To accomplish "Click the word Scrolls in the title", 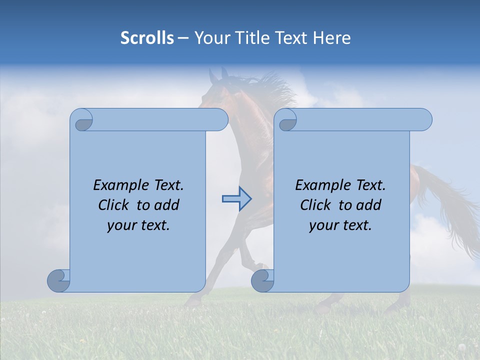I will coord(147,38).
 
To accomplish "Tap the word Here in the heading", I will coord(331,38).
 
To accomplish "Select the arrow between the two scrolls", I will coord(236,199).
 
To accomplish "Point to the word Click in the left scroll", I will coord(115,205).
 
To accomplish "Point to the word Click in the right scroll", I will coord(317,205).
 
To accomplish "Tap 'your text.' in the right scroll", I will coord(340,225).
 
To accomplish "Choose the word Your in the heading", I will coord(211,38).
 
